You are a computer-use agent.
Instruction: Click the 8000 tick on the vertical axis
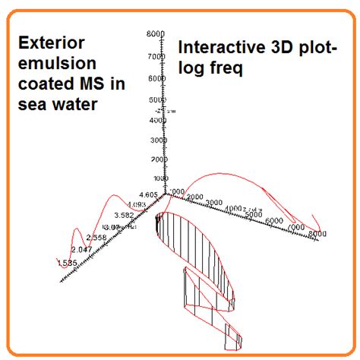tap(156, 34)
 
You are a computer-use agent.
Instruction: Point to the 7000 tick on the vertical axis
tap(156, 56)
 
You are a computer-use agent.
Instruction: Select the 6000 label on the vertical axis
tap(156, 78)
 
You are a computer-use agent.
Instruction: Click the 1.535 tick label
tap(67, 263)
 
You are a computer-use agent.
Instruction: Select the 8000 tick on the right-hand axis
tap(318, 234)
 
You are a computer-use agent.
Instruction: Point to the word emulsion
tap(50, 63)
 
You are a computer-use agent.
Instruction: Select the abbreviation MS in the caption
tap(86, 84)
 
